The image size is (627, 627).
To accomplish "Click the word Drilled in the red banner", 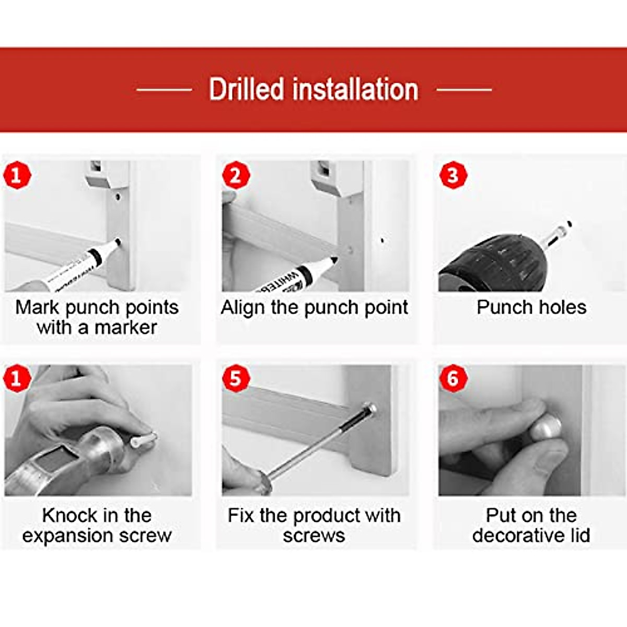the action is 246,89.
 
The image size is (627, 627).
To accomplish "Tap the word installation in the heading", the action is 355,89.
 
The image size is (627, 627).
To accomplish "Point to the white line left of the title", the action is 164,89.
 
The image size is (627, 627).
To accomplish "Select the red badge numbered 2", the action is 236,175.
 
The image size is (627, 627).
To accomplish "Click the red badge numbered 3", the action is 453,175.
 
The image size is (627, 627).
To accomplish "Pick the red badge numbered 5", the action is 236,378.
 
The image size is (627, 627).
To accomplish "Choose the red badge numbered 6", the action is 453,378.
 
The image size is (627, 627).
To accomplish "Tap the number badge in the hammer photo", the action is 17,378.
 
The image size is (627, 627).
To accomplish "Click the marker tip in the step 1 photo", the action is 118,241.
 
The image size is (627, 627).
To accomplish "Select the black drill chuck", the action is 493,263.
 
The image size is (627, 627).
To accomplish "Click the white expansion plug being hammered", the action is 144,439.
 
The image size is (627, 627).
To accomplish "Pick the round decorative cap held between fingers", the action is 547,427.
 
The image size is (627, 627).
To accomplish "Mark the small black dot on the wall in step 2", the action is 382,241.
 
